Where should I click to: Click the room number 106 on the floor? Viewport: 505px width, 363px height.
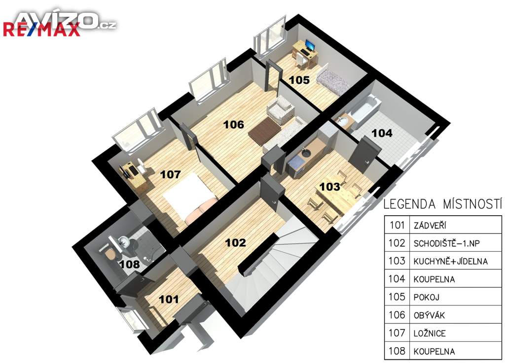click(233, 125)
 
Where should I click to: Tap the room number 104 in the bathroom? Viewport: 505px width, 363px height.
click(382, 133)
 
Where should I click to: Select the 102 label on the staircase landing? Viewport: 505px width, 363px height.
click(235, 242)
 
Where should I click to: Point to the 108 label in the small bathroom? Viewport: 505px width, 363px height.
click(130, 264)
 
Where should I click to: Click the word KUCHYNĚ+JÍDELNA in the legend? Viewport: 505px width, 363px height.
click(450, 261)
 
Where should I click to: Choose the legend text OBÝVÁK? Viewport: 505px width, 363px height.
click(429, 315)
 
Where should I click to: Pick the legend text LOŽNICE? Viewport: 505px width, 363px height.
click(430, 333)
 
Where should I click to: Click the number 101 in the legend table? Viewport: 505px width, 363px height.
click(397, 225)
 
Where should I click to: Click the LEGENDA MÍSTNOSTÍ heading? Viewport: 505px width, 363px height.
click(442, 204)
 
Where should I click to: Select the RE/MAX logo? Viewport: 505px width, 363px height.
click(41, 30)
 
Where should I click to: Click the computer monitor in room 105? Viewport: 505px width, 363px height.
click(310, 45)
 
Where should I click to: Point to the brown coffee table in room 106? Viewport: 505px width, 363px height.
click(265, 131)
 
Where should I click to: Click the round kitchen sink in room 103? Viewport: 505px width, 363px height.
click(306, 153)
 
